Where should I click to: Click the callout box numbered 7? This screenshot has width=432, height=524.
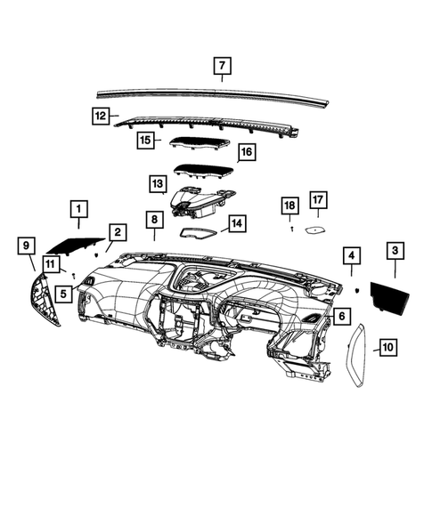[222, 65]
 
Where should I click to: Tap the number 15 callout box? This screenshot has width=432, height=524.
[144, 140]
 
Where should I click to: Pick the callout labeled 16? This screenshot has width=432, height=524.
[246, 152]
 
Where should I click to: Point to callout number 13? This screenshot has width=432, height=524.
[158, 184]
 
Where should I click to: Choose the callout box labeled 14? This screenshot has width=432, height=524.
[236, 222]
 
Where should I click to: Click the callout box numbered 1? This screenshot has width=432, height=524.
[78, 210]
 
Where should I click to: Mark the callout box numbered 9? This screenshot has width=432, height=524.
[26, 245]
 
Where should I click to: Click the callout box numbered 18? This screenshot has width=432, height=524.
[289, 206]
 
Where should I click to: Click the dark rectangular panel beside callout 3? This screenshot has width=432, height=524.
[388, 293]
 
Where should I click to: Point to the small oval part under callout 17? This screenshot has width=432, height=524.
[316, 229]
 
